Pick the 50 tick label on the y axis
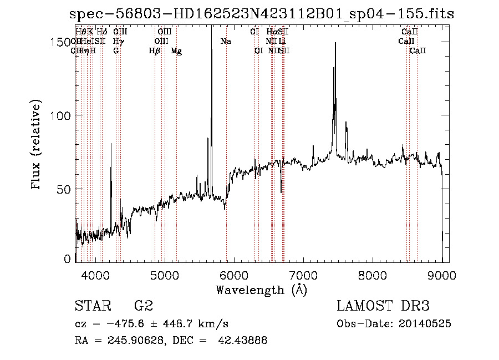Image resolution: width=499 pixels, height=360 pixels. pyautogui.click(x=64, y=189)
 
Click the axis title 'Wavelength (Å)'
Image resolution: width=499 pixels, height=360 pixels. pyautogui.click(x=262, y=290)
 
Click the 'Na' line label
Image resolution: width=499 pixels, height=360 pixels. pyautogui.click(x=226, y=42)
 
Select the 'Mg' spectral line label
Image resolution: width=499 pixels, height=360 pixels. pyautogui.click(x=176, y=51)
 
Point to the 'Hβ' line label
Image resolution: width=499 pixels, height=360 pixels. pyautogui.click(x=155, y=51)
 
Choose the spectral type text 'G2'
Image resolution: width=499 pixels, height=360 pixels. pyautogui.click(x=144, y=306)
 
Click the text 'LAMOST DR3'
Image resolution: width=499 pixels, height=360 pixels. pyautogui.click(x=383, y=306)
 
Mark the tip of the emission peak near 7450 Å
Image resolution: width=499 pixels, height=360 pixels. pyautogui.click(x=335, y=43)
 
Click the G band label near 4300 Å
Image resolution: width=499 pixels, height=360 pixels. pyautogui.click(x=116, y=51)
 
